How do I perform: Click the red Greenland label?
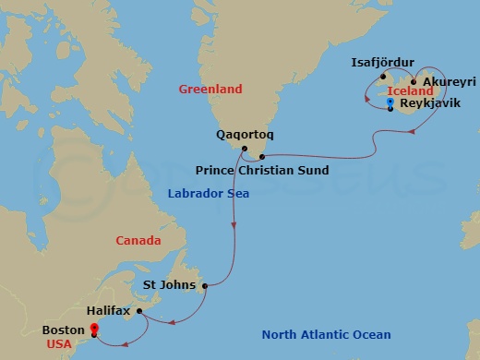[210, 90]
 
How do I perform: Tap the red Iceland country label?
[411, 92]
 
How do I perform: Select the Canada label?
[138, 241]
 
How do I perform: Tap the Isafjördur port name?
[384, 64]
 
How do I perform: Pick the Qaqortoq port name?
[244, 135]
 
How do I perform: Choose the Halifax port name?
[110, 312]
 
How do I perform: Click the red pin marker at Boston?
[93, 329]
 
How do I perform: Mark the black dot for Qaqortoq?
[244, 149]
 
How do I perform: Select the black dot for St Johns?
[204, 285]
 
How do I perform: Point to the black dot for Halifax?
[139, 311]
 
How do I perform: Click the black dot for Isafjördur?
[383, 77]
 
